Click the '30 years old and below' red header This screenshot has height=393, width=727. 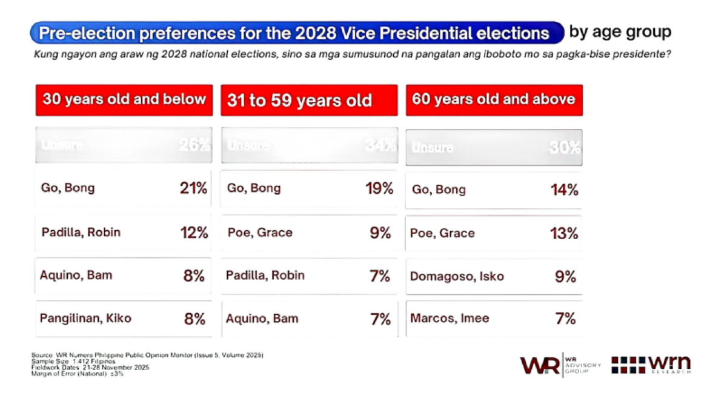(124, 99)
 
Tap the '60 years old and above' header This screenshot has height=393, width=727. (494, 99)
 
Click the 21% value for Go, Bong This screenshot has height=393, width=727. (194, 188)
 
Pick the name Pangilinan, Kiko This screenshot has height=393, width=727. (85, 319)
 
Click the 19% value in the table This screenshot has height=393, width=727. (379, 188)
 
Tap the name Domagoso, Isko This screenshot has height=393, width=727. (457, 277)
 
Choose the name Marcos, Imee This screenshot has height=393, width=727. (450, 319)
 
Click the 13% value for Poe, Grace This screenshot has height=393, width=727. (565, 234)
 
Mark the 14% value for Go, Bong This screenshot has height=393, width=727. (565, 190)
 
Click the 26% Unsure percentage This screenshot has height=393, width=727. (195, 145)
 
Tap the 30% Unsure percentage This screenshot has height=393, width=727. (565, 148)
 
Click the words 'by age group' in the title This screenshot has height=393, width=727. (620, 31)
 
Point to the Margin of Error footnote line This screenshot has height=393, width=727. (77, 374)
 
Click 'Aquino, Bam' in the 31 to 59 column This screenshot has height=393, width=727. (262, 319)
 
